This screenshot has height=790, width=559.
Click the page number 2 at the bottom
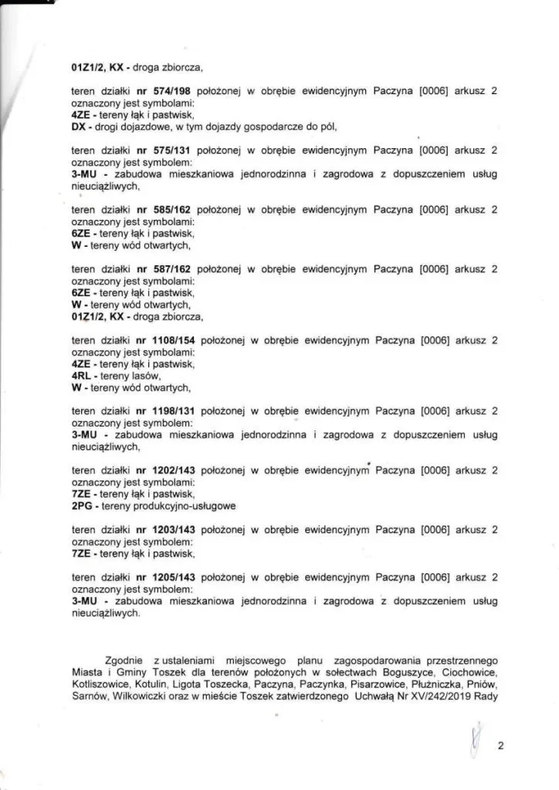click(x=500, y=746)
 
